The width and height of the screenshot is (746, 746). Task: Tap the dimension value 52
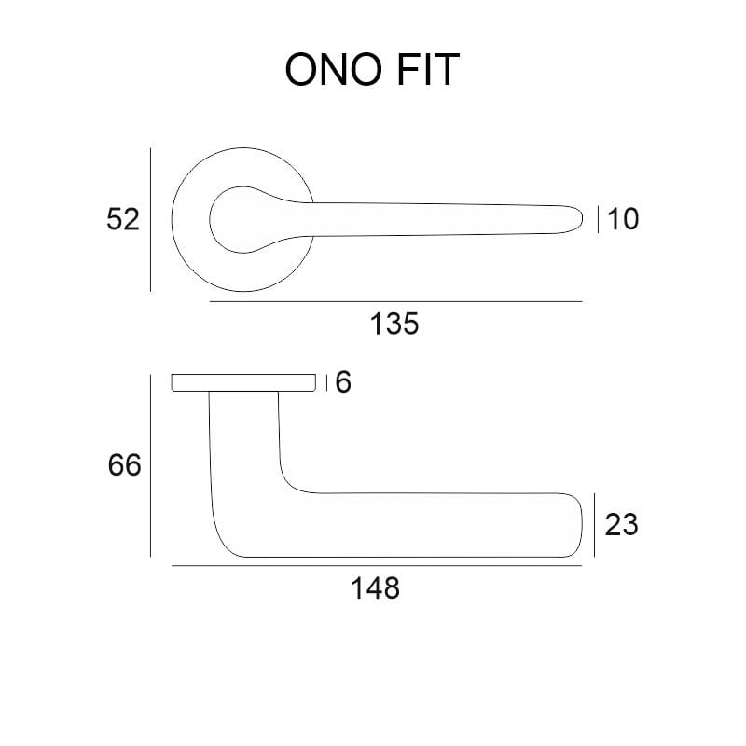pos(122,220)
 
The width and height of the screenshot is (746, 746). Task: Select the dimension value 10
pos(623,220)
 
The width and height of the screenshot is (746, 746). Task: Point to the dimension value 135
pos(395,325)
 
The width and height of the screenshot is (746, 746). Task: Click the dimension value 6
pos(343,382)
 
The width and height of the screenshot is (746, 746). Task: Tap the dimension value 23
pos(622,525)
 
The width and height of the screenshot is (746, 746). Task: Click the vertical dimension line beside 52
pos(150,219)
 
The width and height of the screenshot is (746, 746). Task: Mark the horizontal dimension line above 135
pos(395,302)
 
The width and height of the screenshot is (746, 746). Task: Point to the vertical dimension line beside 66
pos(150,464)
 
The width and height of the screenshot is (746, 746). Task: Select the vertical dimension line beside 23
pos(596,525)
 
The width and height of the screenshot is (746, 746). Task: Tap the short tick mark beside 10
pos(599,220)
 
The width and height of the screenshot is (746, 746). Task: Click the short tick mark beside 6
pos(327,382)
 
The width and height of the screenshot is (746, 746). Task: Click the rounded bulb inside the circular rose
pos(232,220)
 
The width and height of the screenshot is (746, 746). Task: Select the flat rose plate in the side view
pos(243,382)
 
